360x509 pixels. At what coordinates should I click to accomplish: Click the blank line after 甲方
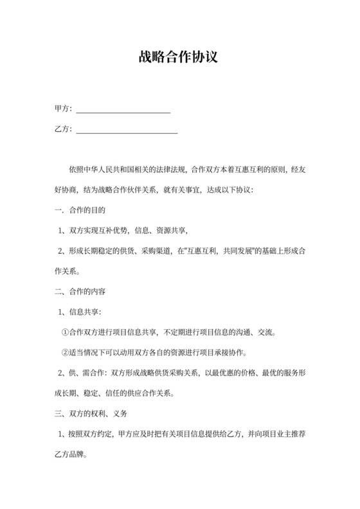pos(123,110)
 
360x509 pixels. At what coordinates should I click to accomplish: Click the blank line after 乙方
pos(127,130)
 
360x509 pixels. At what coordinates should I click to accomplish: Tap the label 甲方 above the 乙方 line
pos(62,110)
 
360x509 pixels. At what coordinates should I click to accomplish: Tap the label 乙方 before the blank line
pos(62,130)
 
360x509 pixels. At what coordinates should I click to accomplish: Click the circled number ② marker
pos(64,352)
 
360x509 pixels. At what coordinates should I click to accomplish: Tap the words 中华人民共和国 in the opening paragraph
pos(105,170)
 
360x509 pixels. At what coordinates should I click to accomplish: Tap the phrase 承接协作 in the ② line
pos(232,352)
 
